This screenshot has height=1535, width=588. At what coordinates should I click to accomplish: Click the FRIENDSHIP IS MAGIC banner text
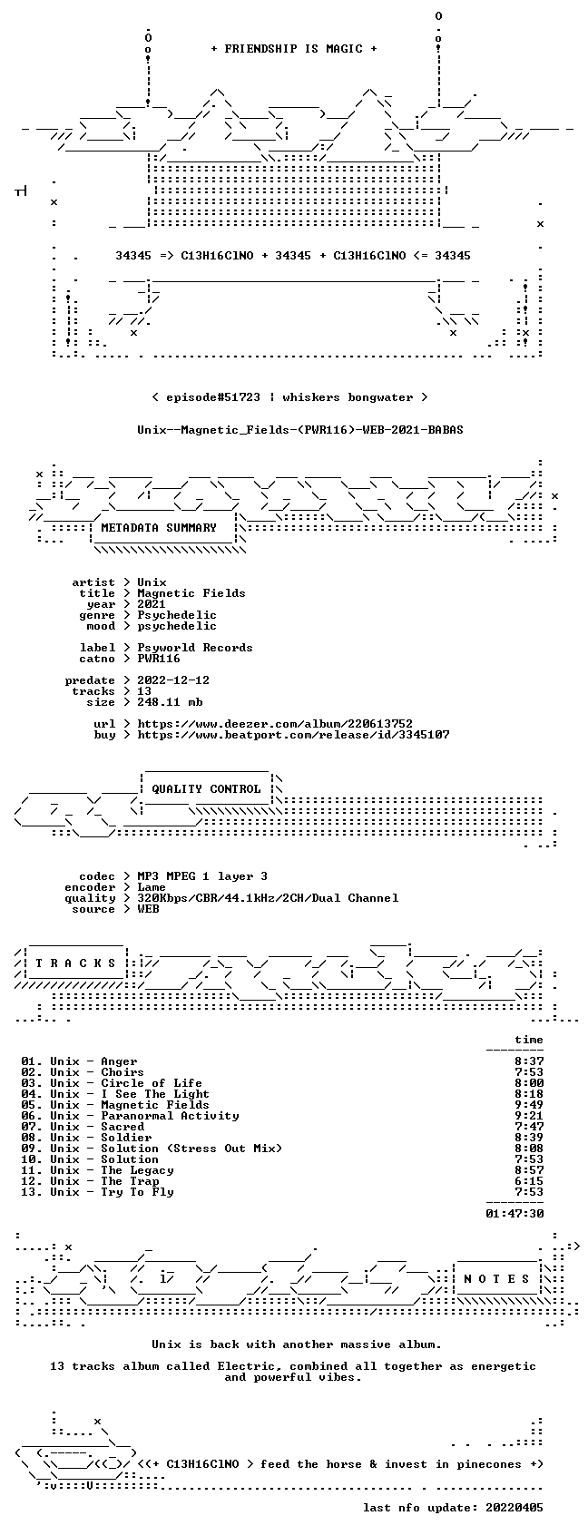click(293, 49)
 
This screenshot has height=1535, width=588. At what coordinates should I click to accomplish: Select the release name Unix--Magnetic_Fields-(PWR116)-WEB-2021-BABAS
click(300, 430)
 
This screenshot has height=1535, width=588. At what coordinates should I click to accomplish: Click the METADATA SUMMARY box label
click(158, 528)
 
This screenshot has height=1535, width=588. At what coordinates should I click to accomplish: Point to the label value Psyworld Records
click(194, 648)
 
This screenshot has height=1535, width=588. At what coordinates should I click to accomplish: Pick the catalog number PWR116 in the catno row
click(158, 659)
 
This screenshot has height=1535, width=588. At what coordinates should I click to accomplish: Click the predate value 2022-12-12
click(173, 680)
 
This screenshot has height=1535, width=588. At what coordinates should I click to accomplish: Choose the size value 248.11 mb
click(170, 702)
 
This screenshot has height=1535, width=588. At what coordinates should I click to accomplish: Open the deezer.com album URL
click(275, 724)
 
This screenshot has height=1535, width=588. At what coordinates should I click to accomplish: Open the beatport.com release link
click(293, 735)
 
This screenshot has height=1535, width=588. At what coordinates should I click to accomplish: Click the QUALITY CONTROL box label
click(206, 789)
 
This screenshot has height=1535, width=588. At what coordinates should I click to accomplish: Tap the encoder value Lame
click(152, 887)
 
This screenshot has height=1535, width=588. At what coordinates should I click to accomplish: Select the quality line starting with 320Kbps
click(268, 898)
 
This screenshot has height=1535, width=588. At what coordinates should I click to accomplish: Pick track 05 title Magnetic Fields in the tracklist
click(155, 1105)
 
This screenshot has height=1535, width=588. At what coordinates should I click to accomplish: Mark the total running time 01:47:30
click(514, 1214)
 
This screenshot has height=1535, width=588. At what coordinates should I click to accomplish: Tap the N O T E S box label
click(496, 1279)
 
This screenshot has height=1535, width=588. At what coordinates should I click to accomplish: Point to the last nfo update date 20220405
click(514, 1509)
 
